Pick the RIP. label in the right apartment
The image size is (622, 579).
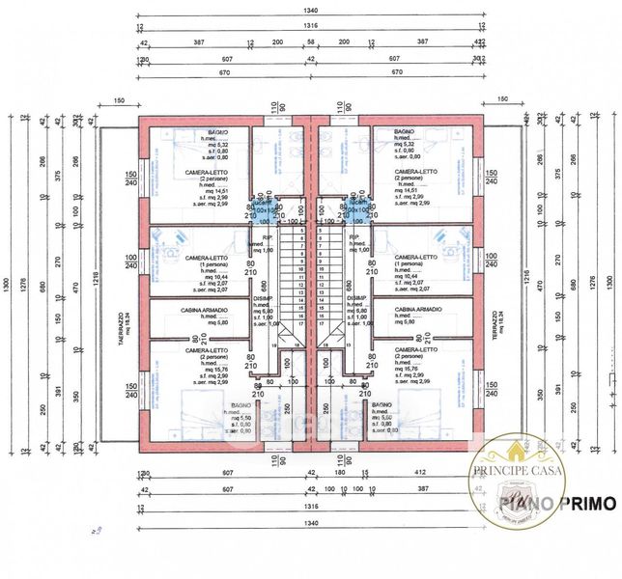tap(353, 236)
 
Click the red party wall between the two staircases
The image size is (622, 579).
tap(311, 289)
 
